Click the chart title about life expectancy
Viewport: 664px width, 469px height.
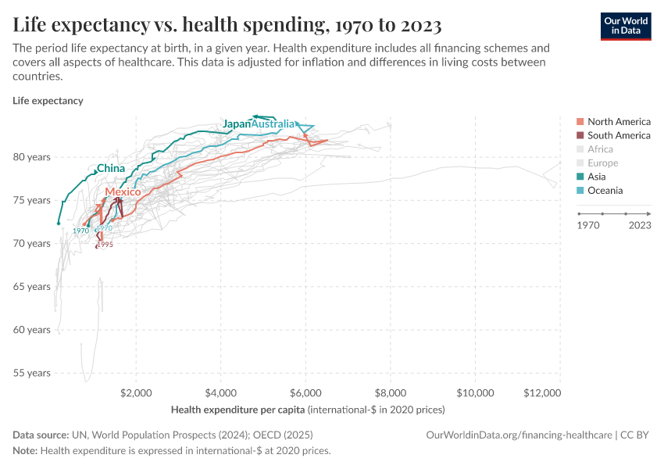coord(227,25)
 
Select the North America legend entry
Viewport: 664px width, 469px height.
coord(619,121)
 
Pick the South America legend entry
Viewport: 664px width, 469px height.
coord(619,135)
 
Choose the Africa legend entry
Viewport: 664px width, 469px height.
coord(600,149)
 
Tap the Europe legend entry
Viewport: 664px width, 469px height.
coord(602,163)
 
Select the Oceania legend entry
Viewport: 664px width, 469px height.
coord(605,191)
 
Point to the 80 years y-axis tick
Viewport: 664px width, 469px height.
coord(32,157)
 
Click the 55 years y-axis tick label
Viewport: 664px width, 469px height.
coord(32,373)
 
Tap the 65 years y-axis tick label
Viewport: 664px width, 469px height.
coord(32,287)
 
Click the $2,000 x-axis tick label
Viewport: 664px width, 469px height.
coord(137,392)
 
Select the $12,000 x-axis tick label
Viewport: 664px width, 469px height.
coord(542,392)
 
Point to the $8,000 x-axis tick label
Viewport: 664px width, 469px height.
coord(391,392)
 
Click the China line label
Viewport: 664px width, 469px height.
coord(111,168)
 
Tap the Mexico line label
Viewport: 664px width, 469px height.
coord(123,192)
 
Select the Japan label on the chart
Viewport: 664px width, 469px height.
coord(237,124)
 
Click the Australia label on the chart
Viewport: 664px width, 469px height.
coord(273,124)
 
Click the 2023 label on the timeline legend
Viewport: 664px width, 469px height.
coord(640,225)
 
